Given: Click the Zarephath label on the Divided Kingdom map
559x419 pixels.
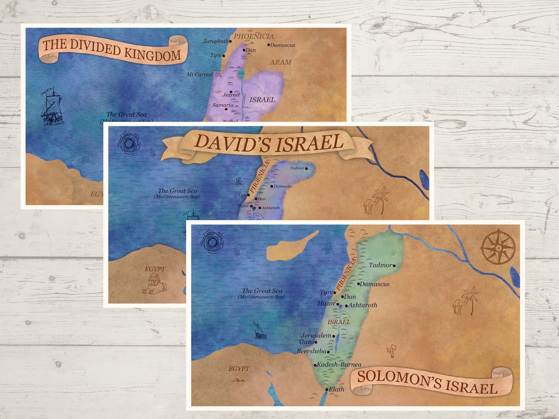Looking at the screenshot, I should [215, 41].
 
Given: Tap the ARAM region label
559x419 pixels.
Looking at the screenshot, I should [281, 62].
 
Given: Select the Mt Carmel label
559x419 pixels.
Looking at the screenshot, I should [200, 75].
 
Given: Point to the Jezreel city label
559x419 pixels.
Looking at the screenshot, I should [231, 95].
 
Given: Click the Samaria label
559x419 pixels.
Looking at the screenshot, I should [222, 105].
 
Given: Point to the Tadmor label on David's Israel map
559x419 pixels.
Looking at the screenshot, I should [297, 168].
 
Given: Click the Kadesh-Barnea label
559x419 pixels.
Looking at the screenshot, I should [339, 365].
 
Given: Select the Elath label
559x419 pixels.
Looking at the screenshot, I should [337, 389].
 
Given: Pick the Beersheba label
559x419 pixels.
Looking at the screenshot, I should [312, 351].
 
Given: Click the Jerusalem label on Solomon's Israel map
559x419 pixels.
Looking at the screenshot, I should [316, 336].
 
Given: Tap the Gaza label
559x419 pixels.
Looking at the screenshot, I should [306, 342].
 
